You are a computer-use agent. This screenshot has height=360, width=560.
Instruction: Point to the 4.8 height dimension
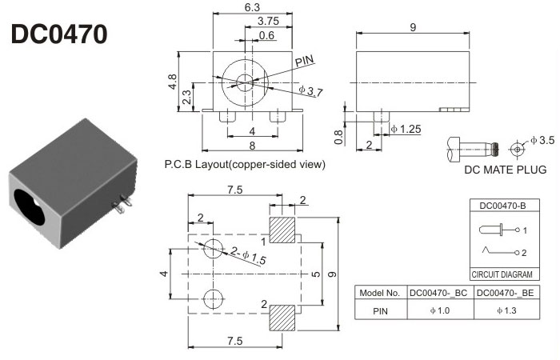(x=172, y=82)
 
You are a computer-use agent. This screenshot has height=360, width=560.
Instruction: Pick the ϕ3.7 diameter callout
(x=310, y=91)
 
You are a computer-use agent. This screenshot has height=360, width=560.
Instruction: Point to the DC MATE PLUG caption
(x=505, y=170)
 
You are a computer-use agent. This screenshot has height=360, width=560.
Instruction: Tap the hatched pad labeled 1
(x=282, y=230)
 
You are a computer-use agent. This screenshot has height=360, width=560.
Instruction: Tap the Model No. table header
(x=381, y=293)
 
